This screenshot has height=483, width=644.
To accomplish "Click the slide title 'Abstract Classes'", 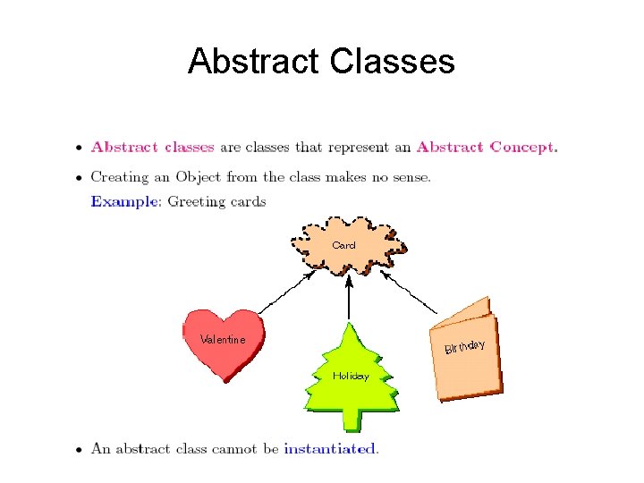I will click(x=321, y=62).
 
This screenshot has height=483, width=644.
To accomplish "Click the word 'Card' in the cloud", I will click(x=343, y=245).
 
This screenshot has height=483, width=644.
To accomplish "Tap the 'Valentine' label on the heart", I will click(x=223, y=340).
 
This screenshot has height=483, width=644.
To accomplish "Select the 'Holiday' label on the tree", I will click(x=351, y=376).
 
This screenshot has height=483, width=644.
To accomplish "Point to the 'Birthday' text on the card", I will click(x=465, y=345).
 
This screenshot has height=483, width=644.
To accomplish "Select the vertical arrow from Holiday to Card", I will click(x=350, y=300).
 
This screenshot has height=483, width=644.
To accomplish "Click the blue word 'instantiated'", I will click(x=330, y=449).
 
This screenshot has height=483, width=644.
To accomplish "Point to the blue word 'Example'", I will click(x=123, y=201).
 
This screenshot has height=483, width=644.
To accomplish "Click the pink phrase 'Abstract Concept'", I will click(x=486, y=148).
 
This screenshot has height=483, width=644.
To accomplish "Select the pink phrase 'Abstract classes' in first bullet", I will click(x=152, y=148).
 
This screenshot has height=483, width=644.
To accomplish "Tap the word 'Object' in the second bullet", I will click(x=199, y=176).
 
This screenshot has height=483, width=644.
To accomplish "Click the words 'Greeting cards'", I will click(x=216, y=201).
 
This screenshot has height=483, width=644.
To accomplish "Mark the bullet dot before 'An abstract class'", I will click(x=80, y=450).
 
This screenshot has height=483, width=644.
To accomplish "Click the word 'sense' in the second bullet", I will click(x=408, y=176).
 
